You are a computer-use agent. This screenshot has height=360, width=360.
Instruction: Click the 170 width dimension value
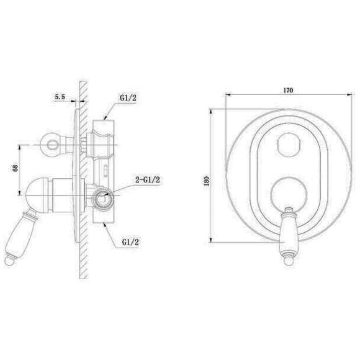pos(288,90)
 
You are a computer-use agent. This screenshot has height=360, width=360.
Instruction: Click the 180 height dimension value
pos(207,181)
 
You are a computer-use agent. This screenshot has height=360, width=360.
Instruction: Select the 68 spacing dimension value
pos(16,168)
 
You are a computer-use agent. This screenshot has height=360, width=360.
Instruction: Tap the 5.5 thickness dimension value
pos(60,97)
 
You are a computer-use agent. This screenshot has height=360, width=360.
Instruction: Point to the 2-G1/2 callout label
pos(147,179)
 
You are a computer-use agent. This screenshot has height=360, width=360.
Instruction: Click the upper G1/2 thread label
pos(128,98)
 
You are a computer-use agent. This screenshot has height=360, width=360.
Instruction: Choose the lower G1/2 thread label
pos(130,242)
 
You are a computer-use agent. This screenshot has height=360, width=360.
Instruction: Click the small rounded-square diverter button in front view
pos(289,145)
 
